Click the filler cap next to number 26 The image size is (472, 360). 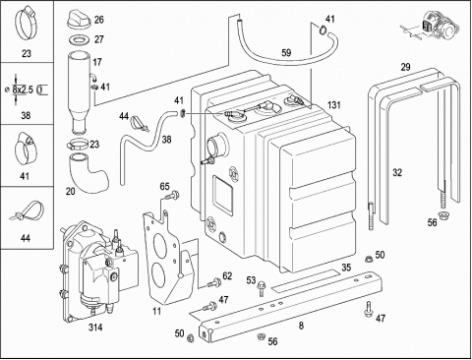79,20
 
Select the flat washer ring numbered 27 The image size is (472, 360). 79,40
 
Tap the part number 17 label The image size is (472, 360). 97,62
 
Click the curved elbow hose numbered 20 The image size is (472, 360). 88,174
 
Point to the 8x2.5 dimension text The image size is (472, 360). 23,90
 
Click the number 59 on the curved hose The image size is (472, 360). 286,53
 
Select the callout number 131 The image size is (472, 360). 333,105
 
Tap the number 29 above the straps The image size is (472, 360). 405,67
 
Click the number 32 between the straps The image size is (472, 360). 397,172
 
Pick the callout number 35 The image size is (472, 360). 346,268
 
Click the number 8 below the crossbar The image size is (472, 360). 301,326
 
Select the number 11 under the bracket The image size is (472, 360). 157,311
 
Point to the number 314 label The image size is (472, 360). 95,327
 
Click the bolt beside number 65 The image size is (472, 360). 172,196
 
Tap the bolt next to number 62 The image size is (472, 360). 214,282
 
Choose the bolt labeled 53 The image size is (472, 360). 262,288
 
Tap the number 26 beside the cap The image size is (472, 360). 99,20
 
